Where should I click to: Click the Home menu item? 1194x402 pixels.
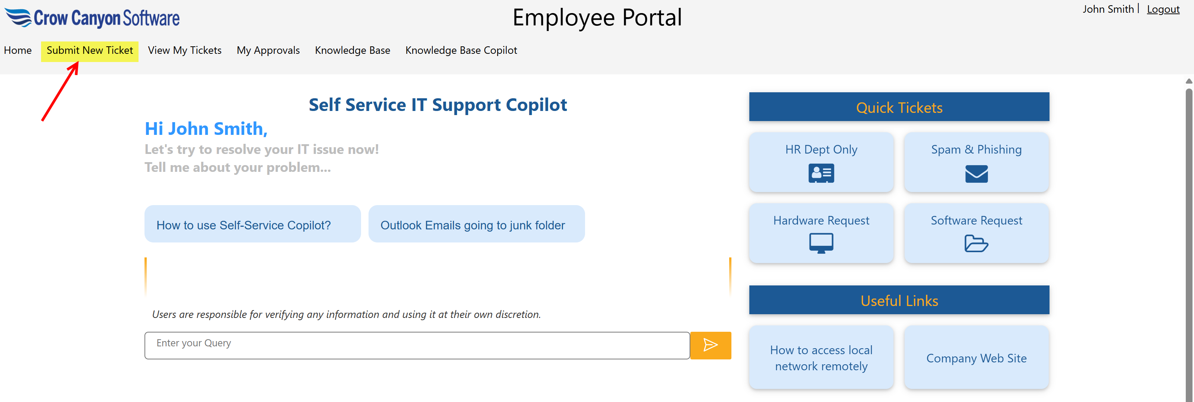(18, 50)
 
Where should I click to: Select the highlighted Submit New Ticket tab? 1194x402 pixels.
(90, 50)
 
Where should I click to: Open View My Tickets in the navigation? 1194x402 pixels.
(184, 50)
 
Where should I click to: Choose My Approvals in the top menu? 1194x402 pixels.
(268, 50)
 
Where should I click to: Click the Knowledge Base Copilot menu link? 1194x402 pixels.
(461, 50)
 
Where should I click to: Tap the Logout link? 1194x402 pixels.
(1163, 9)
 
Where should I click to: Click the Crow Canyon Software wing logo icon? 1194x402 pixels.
(18, 18)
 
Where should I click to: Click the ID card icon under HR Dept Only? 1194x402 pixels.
(821, 173)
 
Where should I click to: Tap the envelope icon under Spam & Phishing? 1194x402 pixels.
(976, 174)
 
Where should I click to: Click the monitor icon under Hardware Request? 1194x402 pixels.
(821, 243)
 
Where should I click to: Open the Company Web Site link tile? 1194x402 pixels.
(976, 358)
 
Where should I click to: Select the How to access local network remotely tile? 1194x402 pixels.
(821, 358)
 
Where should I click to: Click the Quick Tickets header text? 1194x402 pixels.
(899, 108)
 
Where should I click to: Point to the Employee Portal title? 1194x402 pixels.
(597, 18)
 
